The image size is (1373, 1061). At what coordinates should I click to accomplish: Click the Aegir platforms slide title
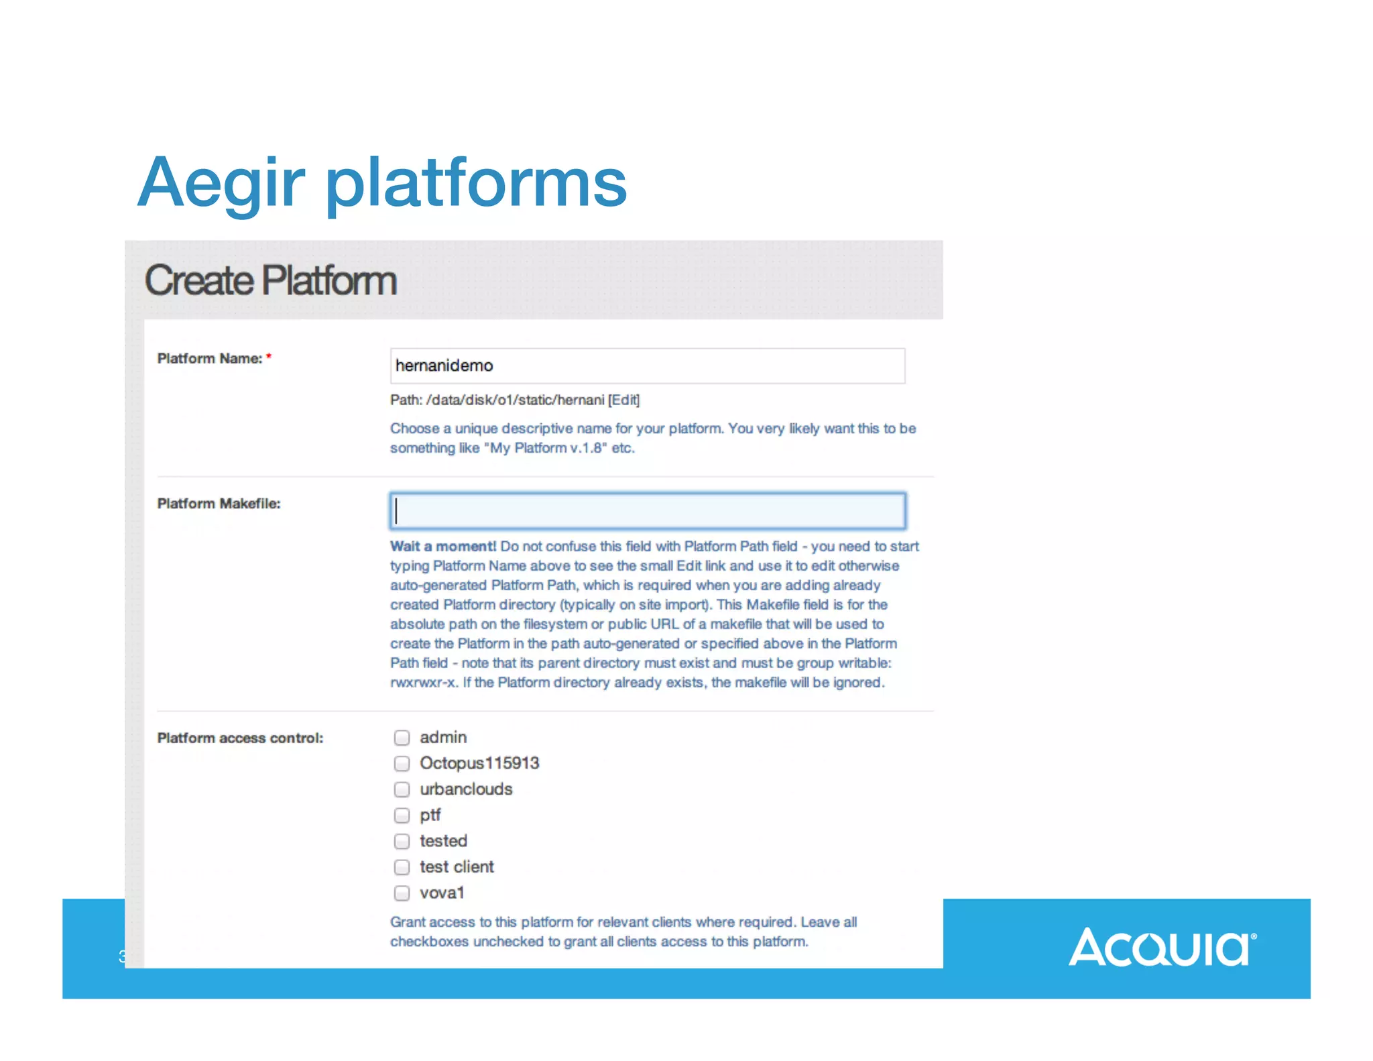[382, 182]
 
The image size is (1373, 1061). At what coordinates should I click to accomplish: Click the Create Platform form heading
[271, 280]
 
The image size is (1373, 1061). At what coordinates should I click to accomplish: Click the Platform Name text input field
[647, 366]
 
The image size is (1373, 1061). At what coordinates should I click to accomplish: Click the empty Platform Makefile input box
[647, 511]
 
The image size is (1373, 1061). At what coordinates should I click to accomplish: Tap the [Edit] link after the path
[623, 400]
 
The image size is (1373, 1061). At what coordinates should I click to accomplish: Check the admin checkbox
[402, 738]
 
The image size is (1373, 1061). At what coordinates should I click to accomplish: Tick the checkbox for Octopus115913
[402, 764]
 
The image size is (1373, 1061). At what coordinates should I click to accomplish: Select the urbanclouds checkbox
[402, 789]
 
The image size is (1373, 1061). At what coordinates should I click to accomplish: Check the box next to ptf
[402, 816]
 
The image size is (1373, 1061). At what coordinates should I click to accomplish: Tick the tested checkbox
[402, 841]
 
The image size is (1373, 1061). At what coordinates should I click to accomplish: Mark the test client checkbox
[402, 867]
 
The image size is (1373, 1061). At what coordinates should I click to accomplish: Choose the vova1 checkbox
[402, 893]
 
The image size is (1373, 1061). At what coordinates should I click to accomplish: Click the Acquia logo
[1162, 947]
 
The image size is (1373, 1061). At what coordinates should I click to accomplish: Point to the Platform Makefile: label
[219, 504]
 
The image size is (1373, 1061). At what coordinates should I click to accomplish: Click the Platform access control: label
[240, 738]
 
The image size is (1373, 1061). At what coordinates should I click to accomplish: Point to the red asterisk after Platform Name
[269, 356]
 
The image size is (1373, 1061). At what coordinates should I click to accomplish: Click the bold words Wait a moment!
[443, 547]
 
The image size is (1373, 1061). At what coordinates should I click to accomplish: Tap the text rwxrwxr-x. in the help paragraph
[424, 683]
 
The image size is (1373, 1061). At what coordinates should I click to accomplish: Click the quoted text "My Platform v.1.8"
[544, 448]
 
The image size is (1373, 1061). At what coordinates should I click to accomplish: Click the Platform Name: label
[209, 359]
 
